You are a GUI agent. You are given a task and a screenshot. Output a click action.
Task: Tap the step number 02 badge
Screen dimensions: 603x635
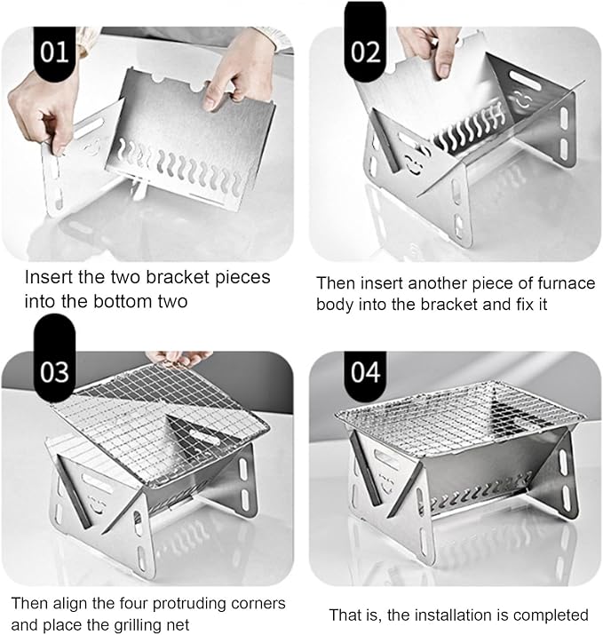point(365,44)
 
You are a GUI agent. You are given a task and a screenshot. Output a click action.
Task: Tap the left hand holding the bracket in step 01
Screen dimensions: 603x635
point(45,108)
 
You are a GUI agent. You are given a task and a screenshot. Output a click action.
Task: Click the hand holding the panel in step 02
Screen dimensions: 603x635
point(430,48)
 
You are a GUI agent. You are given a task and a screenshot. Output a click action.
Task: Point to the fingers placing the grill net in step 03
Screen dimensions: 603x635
point(179,358)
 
